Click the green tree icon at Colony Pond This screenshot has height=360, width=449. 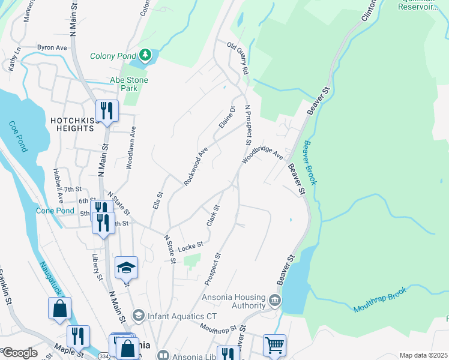(145, 56)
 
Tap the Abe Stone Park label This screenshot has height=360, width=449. (128, 84)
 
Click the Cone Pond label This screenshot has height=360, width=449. (55, 211)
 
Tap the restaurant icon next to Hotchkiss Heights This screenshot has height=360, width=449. (107, 110)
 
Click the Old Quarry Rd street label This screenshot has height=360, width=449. (238, 57)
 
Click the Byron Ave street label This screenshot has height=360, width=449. (52, 47)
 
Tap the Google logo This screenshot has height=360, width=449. (20, 352)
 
